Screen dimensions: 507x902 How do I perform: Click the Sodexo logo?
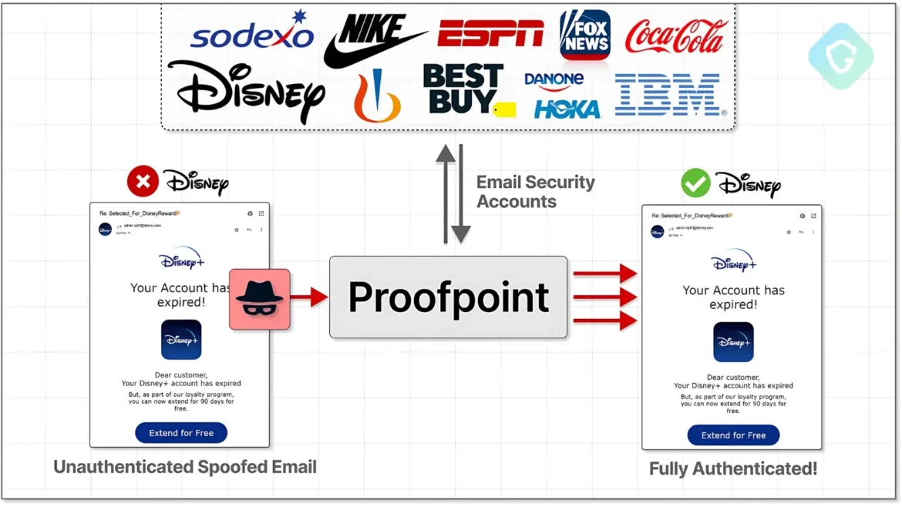[x=252, y=35]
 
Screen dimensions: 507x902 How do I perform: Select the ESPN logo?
[x=490, y=33]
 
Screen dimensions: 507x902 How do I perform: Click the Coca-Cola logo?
[x=676, y=36]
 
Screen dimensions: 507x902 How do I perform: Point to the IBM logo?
[x=668, y=95]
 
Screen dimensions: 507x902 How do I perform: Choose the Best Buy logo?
[x=465, y=89]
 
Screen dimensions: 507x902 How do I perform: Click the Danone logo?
[x=554, y=79]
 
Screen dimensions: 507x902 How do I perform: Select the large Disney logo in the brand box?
[x=245, y=90]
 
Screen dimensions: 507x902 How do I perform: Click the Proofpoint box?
[x=448, y=297]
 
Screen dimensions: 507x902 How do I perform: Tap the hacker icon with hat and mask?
[x=259, y=298]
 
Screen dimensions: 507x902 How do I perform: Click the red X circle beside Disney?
[x=143, y=182]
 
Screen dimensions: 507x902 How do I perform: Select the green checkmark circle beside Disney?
[x=695, y=183]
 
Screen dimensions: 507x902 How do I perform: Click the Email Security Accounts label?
[x=535, y=192]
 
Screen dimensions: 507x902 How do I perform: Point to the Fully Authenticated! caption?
[x=732, y=468]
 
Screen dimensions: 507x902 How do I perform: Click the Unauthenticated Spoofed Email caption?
[x=185, y=466]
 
